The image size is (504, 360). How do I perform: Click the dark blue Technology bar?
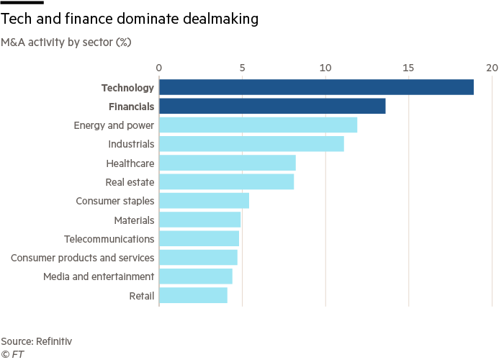coord(316,87)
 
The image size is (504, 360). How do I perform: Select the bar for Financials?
coord(272,106)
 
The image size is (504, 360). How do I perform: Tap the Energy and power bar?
coord(258,125)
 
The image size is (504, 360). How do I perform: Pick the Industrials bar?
coord(251,143)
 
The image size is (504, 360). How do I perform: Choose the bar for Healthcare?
coord(228,163)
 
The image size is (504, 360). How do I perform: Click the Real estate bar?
coord(227,181)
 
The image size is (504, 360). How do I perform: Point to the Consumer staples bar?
coord(204,200)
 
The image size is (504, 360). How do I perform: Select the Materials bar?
coord(200,219)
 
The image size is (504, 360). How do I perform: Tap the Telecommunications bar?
coord(199,238)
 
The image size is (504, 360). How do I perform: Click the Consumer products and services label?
coord(84,257)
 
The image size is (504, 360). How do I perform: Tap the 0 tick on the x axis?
coord(159,68)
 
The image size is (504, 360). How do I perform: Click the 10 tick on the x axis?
coord(325,68)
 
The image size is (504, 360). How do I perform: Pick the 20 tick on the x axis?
coord(492,68)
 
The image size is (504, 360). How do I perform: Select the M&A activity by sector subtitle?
coord(66,42)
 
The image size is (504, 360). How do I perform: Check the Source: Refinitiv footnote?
coord(37,341)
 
